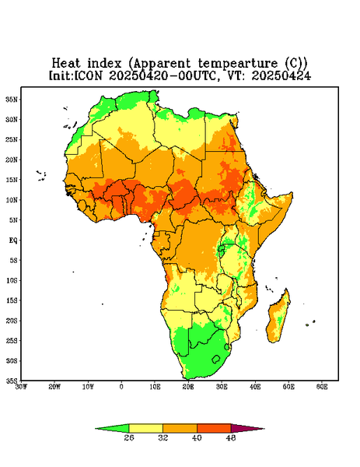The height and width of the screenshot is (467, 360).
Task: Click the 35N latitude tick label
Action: pyautogui.click(x=12, y=100)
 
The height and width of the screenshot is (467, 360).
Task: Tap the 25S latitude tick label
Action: pyautogui.click(x=12, y=340)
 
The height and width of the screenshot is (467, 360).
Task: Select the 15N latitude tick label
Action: pyautogui.click(x=12, y=180)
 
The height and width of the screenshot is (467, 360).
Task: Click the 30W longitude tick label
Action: pyautogui.click(x=21, y=387)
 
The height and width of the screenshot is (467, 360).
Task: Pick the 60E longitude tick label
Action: pyautogui.click(x=322, y=387)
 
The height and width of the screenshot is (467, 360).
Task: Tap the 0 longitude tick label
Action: pyautogui.click(x=121, y=387)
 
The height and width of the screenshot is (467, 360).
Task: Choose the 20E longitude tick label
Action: pyautogui.click(x=188, y=387)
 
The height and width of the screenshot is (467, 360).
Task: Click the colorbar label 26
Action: pyautogui.click(x=129, y=437)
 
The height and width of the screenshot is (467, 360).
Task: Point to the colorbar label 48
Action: pyautogui.click(x=231, y=437)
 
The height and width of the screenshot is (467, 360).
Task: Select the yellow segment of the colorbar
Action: pyautogui.click(x=145, y=429)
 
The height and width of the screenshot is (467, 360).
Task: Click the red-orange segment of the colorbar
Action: pyautogui.click(x=214, y=429)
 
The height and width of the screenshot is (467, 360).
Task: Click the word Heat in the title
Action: pyautogui.click(x=66, y=63)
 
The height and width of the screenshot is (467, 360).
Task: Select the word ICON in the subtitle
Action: pyautogui.click(x=88, y=75)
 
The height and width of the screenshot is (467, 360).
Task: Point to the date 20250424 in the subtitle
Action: pyautogui.click(x=281, y=75)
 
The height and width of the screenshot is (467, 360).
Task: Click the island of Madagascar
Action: pyautogui.click(x=278, y=318)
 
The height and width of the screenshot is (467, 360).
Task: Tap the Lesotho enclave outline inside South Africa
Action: pyautogui.click(x=216, y=359)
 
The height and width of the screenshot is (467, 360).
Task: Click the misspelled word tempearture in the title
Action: pyautogui.click(x=238, y=63)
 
